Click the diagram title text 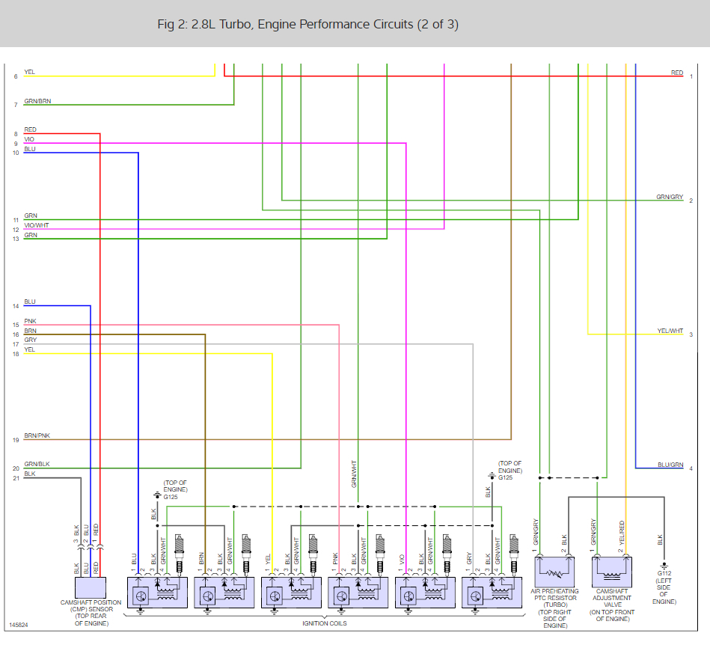pos(308,25)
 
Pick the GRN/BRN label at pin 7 pos(37,101)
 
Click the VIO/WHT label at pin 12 pos(37,225)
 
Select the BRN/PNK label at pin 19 pos(37,435)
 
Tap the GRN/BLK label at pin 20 pos(36,464)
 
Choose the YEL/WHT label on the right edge pos(670,331)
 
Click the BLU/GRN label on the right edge pos(670,465)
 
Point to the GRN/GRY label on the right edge pos(670,197)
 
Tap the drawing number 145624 pos(19,624)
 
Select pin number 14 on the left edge pos(16,306)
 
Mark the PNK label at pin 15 pos(30,321)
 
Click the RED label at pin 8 pos(30,130)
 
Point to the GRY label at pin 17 pos(30,340)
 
